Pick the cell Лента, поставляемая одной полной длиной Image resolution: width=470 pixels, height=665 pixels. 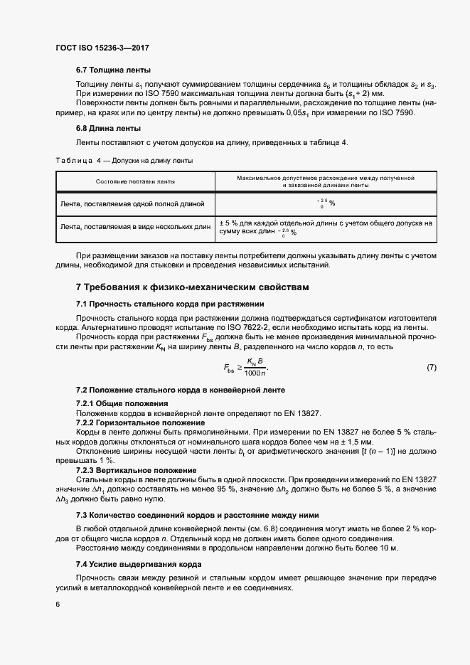pyautogui.click(x=132, y=204)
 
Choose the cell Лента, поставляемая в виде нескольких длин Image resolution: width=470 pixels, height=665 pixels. pyautogui.click(x=135, y=227)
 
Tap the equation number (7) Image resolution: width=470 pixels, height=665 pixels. pyautogui.click(x=431, y=367)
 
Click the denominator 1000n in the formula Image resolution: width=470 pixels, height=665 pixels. pyautogui.click(x=255, y=373)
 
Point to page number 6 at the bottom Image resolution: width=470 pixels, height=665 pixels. pyautogui.click(x=58, y=605)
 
